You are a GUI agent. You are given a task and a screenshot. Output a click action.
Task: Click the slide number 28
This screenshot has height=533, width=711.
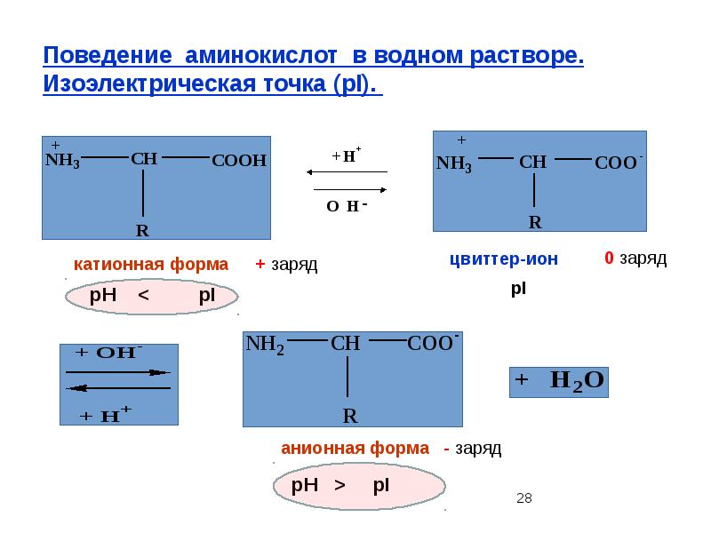tap(523, 498)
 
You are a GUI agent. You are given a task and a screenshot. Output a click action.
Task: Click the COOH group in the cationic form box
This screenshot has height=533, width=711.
tap(239, 161)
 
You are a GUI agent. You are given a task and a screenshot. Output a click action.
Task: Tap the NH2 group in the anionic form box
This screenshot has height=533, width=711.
tap(265, 345)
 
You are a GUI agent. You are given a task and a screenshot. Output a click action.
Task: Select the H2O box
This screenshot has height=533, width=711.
tap(559, 380)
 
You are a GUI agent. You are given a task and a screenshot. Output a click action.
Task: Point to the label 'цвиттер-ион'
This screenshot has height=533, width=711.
tap(504, 259)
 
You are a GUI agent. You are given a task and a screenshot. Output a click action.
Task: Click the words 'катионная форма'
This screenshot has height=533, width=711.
tap(151, 265)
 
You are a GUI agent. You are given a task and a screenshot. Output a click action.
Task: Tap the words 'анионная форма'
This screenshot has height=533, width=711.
tap(355, 449)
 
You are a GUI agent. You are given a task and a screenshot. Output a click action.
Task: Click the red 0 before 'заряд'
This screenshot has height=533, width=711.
tap(609, 259)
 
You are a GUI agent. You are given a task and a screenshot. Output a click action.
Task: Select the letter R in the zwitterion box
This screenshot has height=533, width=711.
tap(535, 222)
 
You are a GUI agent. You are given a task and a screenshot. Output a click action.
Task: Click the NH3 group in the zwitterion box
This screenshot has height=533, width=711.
tap(454, 164)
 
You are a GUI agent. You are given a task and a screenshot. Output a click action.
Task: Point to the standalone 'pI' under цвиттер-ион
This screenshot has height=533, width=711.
tap(518, 290)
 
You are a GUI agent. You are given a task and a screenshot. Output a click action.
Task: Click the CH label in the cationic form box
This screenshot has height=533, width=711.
tap(144, 159)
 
